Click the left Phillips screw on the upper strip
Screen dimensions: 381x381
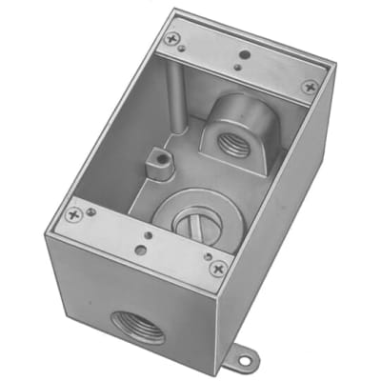pos(171,39)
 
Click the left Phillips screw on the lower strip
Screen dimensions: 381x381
pos(73,215)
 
